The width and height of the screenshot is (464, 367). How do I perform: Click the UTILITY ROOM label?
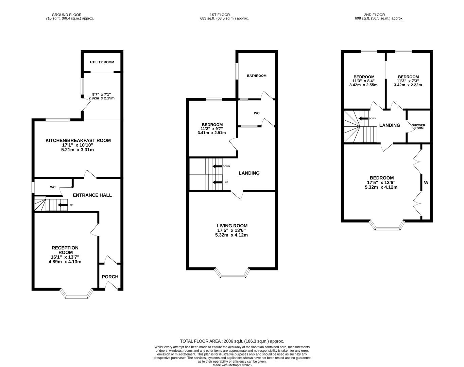pyautogui.click(x=102, y=62)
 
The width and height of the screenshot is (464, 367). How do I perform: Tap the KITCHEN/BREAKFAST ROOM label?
pyautogui.click(x=78, y=140)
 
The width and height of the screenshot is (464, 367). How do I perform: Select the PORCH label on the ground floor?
pyautogui.click(x=110, y=277)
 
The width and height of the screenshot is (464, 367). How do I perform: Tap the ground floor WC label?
pyautogui.click(x=53, y=187)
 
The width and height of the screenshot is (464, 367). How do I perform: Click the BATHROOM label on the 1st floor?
pyautogui.click(x=256, y=76)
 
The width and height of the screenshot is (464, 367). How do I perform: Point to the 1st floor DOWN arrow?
pyautogui.click(x=217, y=167)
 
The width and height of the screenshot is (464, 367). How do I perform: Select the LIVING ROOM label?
pyautogui.click(x=232, y=226)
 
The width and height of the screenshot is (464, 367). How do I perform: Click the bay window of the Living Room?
pyautogui.click(x=232, y=276)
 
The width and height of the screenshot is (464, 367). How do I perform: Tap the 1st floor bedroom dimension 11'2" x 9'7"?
pyautogui.click(x=211, y=129)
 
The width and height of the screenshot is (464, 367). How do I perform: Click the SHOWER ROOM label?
pyautogui.click(x=418, y=126)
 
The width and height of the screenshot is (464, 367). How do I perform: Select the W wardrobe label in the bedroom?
pyautogui.click(x=426, y=182)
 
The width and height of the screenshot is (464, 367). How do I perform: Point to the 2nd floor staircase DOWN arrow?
pyautogui.click(x=364, y=119)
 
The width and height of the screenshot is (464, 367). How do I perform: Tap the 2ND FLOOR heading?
pyautogui.click(x=374, y=15)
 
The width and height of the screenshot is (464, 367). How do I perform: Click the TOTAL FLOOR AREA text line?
pyautogui.click(x=232, y=341)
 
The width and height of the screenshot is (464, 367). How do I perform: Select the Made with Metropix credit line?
pyautogui.click(x=232, y=365)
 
